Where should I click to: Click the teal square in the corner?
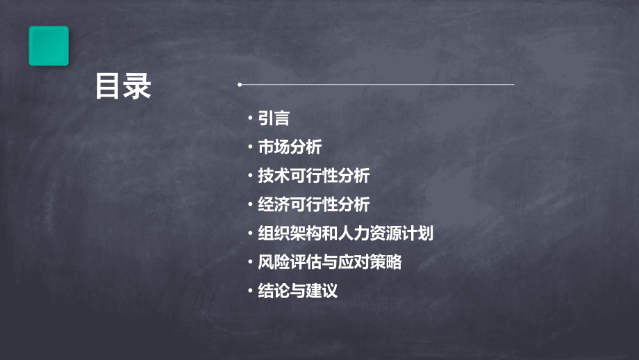(49, 46)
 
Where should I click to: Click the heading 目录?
(124, 88)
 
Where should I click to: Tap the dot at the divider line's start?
(239, 85)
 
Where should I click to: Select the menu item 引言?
(274, 119)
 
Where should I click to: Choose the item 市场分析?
(290, 147)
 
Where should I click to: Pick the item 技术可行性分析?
(313, 177)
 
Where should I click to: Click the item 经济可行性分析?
(313, 205)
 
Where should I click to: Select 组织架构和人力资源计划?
(345, 234)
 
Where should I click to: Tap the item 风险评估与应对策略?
(329, 263)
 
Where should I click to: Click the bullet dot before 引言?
(251, 119)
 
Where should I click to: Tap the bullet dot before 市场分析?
(251, 147)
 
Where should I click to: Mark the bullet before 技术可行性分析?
(251, 177)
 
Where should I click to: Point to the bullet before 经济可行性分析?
(251, 205)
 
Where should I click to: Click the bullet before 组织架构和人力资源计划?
(251, 234)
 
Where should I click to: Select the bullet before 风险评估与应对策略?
(251, 263)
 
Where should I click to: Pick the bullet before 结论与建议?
(251, 291)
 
